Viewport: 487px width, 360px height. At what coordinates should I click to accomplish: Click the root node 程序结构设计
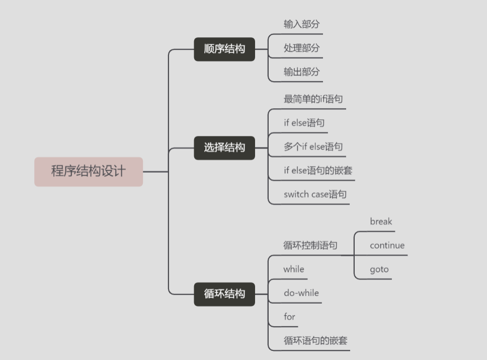click(89, 171)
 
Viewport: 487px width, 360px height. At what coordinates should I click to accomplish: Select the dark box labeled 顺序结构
click(224, 49)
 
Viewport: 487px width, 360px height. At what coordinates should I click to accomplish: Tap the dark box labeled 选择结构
click(224, 148)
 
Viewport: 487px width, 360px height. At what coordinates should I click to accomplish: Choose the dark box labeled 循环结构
click(224, 294)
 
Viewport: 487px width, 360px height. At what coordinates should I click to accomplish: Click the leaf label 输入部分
click(301, 24)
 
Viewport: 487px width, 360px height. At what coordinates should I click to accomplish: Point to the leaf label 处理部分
click(301, 48)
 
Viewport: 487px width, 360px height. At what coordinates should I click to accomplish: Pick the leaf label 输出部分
click(301, 72)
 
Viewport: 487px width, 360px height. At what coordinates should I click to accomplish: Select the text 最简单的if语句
click(313, 99)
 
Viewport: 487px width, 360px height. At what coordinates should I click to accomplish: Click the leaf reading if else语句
click(304, 123)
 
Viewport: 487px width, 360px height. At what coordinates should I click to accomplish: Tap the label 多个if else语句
click(313, 147)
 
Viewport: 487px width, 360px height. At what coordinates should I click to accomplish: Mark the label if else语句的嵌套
click(318, 170)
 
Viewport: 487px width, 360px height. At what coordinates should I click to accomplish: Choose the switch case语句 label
click(315, 194)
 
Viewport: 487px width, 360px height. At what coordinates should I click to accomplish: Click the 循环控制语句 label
click(310, 245)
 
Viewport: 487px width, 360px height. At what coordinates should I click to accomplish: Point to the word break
click(381, 222)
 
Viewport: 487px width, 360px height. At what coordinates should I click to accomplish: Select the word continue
click(387, 246)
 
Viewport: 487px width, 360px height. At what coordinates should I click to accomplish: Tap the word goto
click(379, 269)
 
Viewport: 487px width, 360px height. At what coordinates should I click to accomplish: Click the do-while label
click(301, 293)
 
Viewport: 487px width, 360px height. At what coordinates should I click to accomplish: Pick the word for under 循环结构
click(289, 317)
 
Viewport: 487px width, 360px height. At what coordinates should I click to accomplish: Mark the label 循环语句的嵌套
click(315, 340)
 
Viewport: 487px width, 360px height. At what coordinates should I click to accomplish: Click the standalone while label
click(294, 269)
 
